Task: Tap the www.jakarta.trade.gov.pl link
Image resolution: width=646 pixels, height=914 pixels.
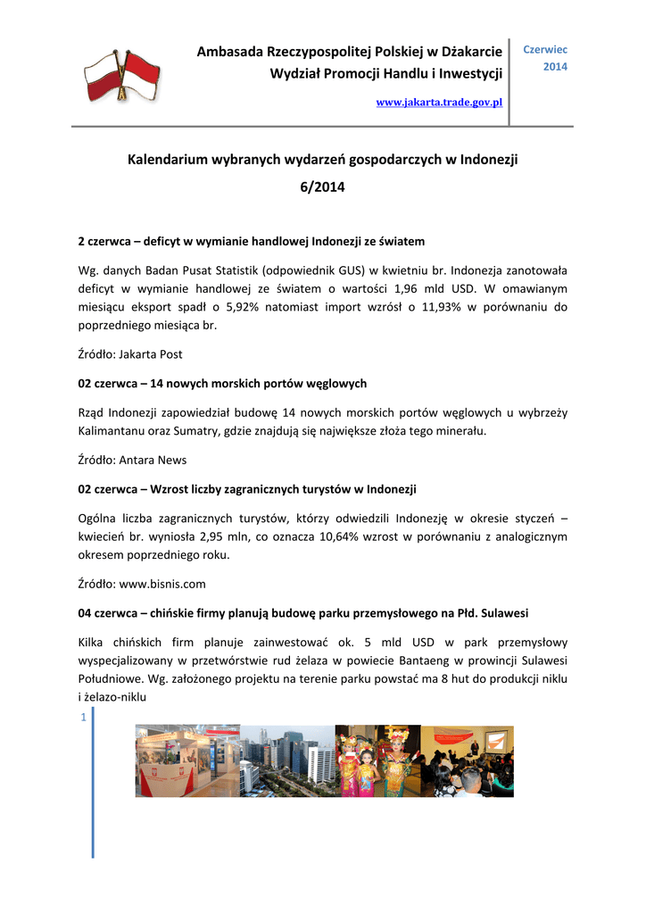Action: click(x=439, y=103)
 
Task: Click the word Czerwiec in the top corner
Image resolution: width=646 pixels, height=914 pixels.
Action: click(x=544, y=50)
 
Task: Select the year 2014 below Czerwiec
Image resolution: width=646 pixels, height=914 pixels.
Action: click(x=555, y=67)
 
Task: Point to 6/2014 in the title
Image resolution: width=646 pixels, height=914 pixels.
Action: click(x=322, y=187)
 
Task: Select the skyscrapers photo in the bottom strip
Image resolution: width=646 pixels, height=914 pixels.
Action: click(x=286, y=760)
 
